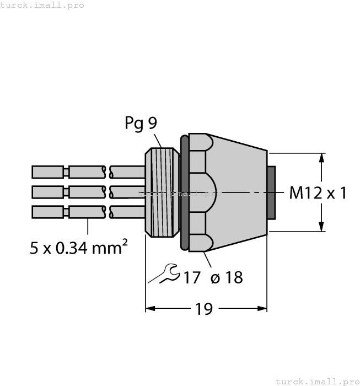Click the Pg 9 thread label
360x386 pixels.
(x=141, y=124)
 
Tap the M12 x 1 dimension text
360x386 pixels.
(x=318, y=193)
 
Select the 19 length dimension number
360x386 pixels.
(x=204, y=309)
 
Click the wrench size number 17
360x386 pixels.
(x=192, y=277)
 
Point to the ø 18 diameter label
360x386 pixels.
(x=227, y=277)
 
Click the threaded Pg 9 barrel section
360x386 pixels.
(x=162, y=192)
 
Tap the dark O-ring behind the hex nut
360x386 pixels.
(x=184, y=192)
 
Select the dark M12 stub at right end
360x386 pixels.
(x=271, y=192)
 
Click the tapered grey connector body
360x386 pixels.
(x=237, y=192)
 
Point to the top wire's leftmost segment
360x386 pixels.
(x=47, y=172)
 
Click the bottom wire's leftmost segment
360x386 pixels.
(x=47, y=212)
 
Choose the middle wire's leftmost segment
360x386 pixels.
(x=47, y=192)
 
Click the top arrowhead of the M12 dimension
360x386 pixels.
(x=321, y=158)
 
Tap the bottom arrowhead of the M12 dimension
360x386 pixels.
(x=321, y=227)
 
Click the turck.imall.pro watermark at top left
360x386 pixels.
(x=42, y=5)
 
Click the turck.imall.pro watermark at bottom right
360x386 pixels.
(x=316, y=381)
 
